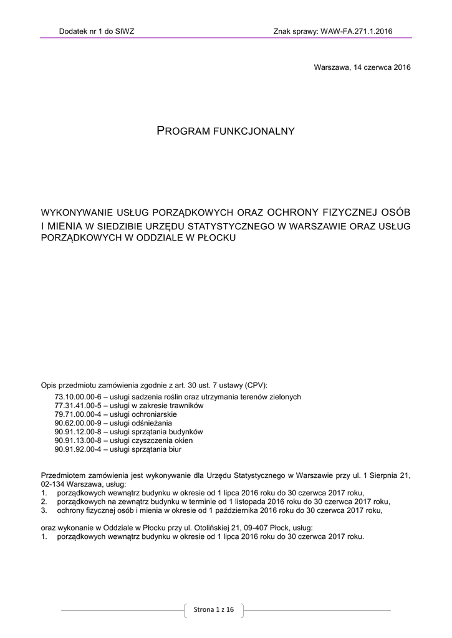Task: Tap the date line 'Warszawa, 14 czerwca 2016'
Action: [x=362, y=67]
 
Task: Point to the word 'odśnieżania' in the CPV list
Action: [x=153, y=423]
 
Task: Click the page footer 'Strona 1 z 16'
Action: [x=214, y=609]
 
